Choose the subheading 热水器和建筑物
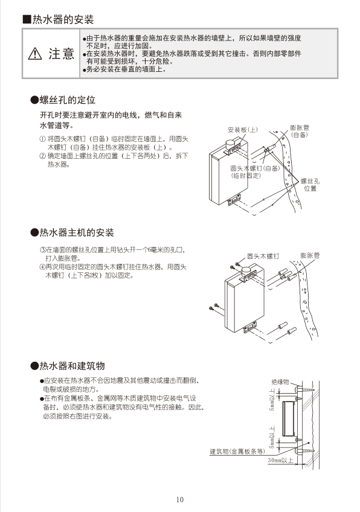coord(71,366)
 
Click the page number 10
coord(180,499)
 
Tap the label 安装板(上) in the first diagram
coord(243,130)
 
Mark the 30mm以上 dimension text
coord(280,461)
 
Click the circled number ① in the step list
coord(42,139)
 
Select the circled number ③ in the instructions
coord(42,250)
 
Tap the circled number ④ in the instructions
coord(42,266)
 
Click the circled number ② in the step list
coord(42,156)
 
